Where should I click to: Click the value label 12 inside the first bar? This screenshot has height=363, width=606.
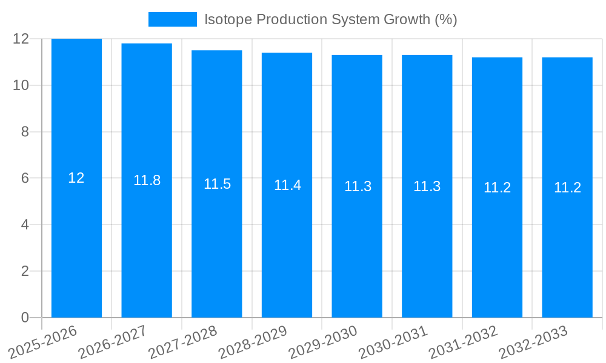(x=76, y=178)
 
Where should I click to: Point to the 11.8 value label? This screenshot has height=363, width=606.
(x=147, y=180)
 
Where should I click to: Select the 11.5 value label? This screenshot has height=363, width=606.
(x=217, y=184)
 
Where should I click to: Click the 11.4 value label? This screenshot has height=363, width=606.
(x=287, y=185)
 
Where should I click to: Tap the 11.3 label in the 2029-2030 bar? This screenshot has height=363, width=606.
(x=358, y=186)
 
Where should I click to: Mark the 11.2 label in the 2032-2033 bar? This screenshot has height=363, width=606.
(x=567, y=188)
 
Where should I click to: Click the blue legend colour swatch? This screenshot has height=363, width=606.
(x=173, y=19)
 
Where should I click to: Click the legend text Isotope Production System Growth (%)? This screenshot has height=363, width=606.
(x=330, y=19)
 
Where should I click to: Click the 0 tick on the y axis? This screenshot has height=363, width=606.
(x=25, y=318)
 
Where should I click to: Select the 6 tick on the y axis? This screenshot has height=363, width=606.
(x=25, y=178)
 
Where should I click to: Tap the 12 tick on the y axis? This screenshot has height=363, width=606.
(x=21, y=39)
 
